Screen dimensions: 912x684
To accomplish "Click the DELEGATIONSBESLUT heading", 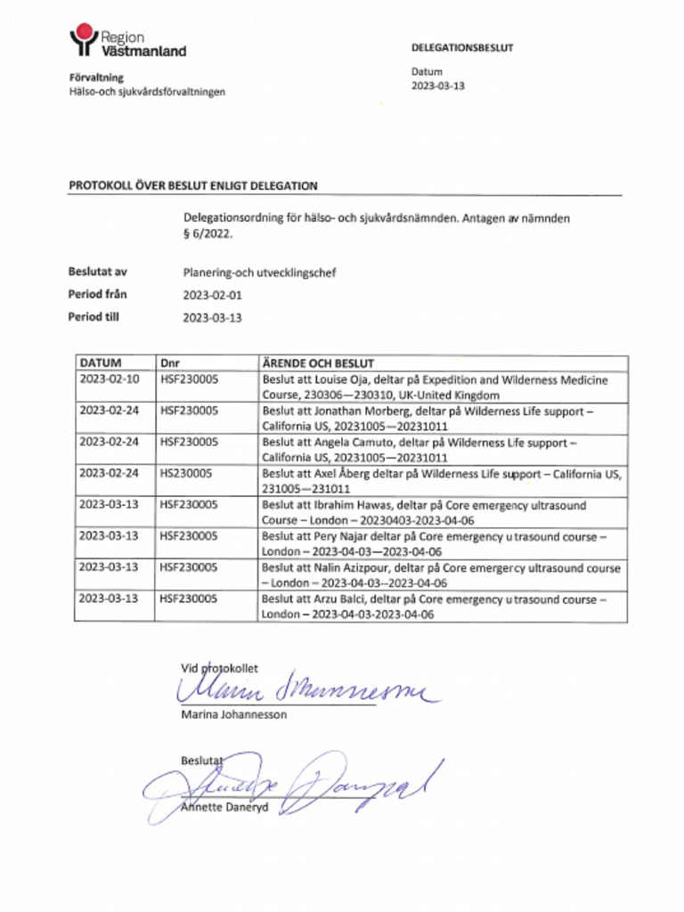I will (x=462, y=48).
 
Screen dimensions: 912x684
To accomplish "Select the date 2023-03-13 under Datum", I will (x=438, y=86).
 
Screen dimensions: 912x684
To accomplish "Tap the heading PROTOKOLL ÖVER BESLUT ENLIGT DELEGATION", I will (x=193, y=186).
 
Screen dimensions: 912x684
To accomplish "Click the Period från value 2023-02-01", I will (x=213, y=295).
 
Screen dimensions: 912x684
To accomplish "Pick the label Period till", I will (x=94, y=316).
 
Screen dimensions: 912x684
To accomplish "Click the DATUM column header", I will (x=101, y=364).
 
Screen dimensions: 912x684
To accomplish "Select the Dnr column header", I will (x=170, y=364).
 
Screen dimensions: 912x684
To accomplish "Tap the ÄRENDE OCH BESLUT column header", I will (x=317, y=364).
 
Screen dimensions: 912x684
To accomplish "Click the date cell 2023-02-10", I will (x=109, y=380).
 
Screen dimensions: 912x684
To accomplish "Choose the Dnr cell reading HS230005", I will (x=185, y=474).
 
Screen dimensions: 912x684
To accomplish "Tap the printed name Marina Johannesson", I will (x=233, y=714).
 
